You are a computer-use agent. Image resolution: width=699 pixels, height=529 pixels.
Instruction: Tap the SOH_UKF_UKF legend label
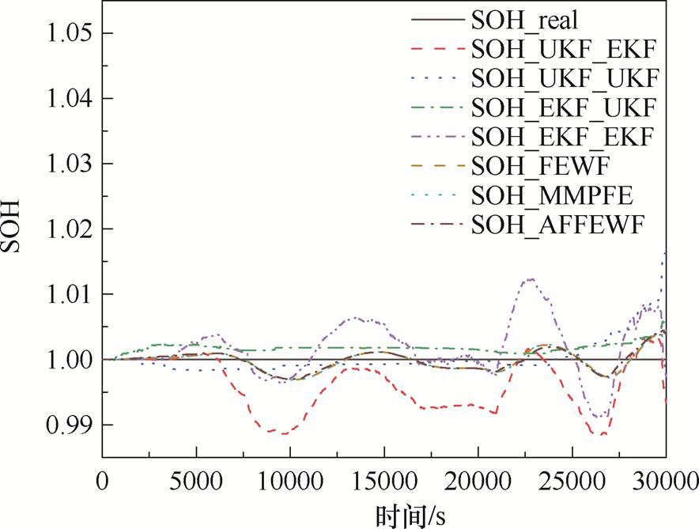[x=564, y=78]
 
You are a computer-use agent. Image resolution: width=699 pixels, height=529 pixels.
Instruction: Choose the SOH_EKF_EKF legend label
[x=562, y=136]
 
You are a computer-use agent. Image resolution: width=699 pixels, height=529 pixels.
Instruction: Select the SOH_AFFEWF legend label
[x=558, y=225]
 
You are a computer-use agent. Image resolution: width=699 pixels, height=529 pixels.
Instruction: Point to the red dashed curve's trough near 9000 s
[x=273, y=433]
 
